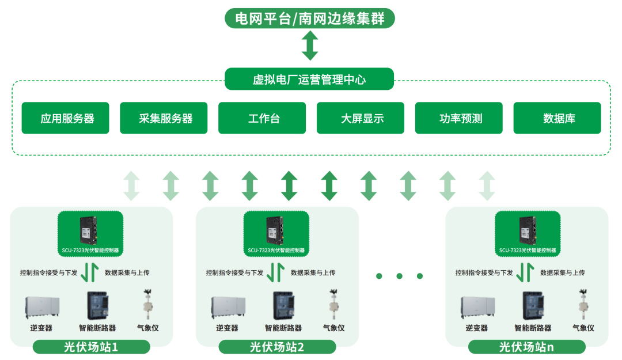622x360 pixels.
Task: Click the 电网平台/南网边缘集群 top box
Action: tap(309, 18)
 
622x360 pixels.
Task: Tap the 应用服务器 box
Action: tap(65, 118)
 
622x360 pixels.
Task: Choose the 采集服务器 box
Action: tap(164, 118)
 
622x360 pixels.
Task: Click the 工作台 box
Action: tap(262, 118)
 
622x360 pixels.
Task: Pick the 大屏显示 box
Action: tap(361, 118)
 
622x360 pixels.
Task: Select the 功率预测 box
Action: tap(458, 118)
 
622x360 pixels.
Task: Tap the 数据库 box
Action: tap(557, 118)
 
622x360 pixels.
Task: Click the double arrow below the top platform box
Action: tap(310, 46)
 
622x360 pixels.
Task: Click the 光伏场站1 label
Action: tap(91, 347)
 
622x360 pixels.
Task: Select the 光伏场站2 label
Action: tap(277, 347)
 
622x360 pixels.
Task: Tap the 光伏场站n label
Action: tap(526, 347)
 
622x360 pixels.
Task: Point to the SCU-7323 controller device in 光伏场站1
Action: tap(90, 230)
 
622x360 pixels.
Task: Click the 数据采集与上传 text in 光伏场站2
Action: tap(313, 272)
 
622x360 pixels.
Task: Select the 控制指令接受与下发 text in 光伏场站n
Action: tap(484, 272)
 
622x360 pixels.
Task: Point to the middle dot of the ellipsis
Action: tap(400, 276)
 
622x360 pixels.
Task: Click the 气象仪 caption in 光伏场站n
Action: tap(583, 328)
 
